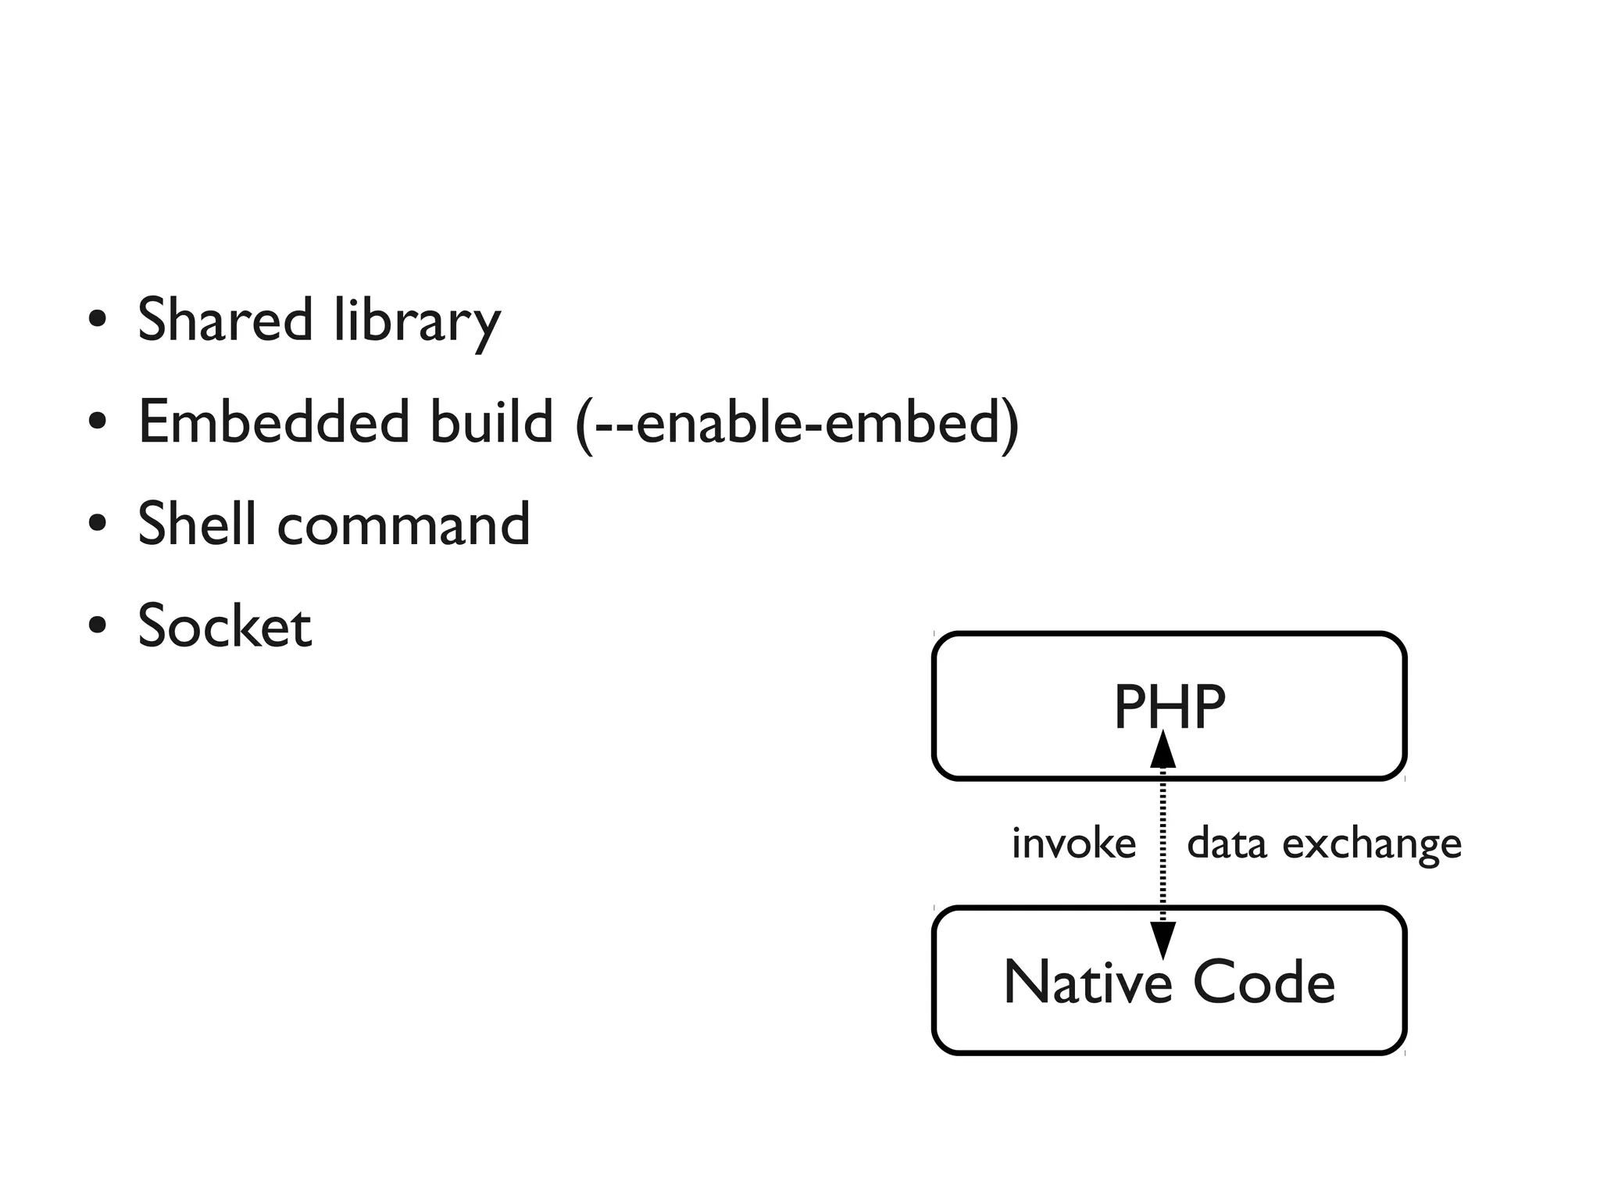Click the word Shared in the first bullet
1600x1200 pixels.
click(225, 320)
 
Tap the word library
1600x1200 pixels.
click(417, 321)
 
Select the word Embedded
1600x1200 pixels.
click(273, 421)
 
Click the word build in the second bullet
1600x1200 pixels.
click(491, 421)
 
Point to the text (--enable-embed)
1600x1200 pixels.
click(797, 423)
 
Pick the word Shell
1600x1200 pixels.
click(197, 523)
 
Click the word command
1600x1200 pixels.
click(404, 525)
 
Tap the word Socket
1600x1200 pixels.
click(225, 626)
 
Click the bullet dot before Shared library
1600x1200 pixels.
click(98, 321)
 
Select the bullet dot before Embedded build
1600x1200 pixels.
click(98, 422)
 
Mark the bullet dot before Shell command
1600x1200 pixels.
click(98, 524)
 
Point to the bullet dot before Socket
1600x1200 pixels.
click(98, 626)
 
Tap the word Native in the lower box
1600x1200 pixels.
click(1087, 983)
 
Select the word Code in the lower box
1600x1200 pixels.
click(1263, 983)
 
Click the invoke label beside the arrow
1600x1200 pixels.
click(1073, 844)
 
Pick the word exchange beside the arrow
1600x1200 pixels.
click(1372, 845)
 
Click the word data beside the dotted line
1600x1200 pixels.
click(1226, 844)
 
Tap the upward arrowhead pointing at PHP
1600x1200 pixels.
click(1163, 750)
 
